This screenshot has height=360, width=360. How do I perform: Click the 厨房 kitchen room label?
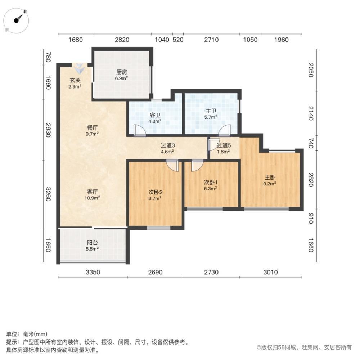[x=121, y=72]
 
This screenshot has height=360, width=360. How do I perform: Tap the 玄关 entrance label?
[x=75, y=81]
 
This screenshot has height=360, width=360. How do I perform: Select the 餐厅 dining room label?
[x=92, y=128]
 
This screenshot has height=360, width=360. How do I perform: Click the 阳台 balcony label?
[x=92, y=243]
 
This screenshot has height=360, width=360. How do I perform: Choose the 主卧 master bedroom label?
[x=270, y=177]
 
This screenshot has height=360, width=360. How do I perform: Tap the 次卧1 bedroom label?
[x=211, y=183]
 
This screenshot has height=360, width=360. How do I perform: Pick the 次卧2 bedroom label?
[x=155, y=192]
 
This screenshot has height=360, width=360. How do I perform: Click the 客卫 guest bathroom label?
[x=155, y=115]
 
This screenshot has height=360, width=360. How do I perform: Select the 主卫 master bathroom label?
[x=211, y=111]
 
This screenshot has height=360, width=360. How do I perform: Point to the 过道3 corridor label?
[x=168, y=145]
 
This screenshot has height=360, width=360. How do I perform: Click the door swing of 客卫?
[x=140, y=130]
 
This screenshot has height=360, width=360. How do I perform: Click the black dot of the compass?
[x=16, y=21]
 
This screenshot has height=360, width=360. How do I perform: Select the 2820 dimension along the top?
[x=122, y=40]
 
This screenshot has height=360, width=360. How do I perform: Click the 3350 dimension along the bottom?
[x=93, y=272]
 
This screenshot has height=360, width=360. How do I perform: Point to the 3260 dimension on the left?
[x=48, y=194]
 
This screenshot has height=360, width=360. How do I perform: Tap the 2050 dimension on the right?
[x=311, y=70]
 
